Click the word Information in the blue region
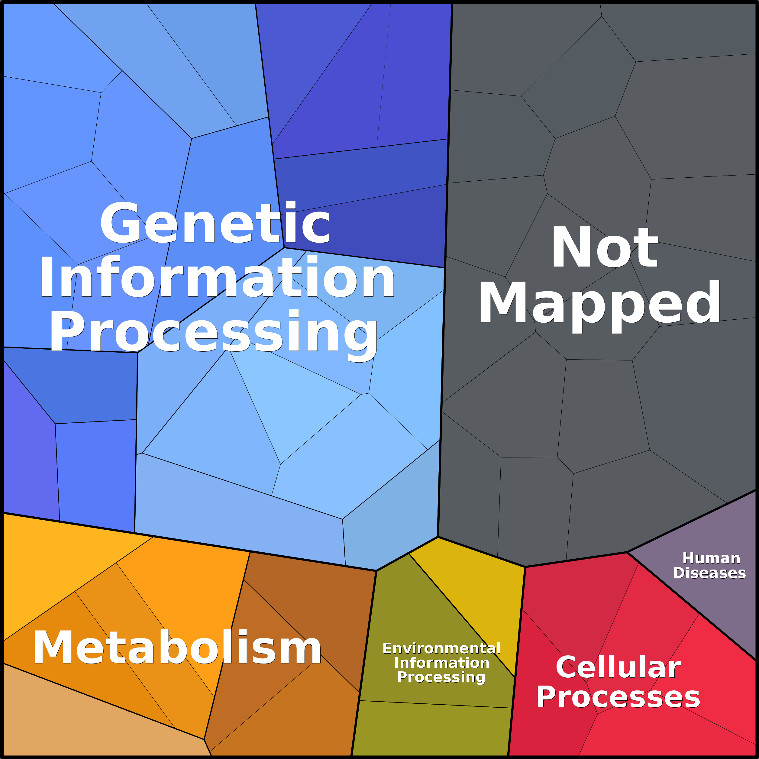click(217, 277)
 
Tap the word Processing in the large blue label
click(213, 332)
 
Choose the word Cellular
click(618, 667)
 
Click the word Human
click(711, 558)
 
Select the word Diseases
click(709, 573)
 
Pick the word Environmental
click(441, 648)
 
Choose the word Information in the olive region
click(441, 663)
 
